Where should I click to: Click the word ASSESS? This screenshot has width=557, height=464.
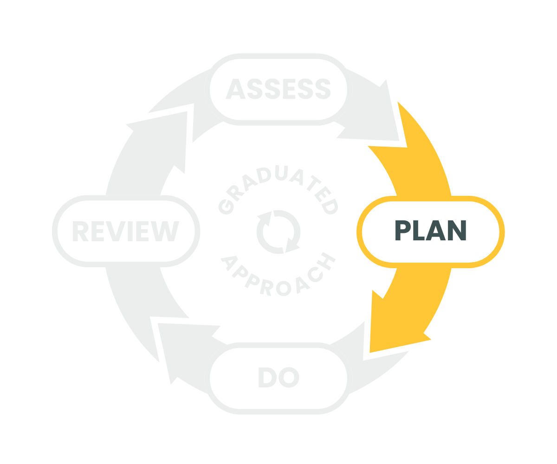pos(278,89)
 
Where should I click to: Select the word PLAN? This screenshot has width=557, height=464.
pos(430,231)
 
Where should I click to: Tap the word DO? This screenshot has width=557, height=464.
pos(278,378)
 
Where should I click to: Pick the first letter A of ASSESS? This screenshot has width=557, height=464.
pos(234,89)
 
